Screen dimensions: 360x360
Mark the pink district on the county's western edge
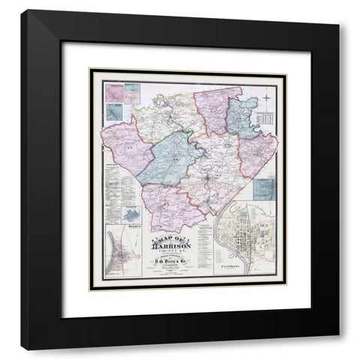click(124, 150)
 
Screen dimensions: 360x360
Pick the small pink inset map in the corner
click(114, 92)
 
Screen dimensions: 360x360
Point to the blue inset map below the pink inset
click(113, 112)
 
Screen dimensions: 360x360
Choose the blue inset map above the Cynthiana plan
click(265, 190)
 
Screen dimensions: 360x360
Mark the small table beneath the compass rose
click(267, 118)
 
